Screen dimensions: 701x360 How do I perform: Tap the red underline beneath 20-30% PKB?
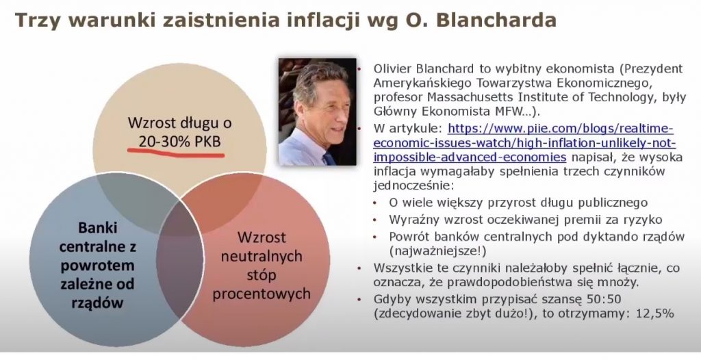176,153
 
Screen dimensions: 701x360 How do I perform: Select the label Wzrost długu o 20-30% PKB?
180,131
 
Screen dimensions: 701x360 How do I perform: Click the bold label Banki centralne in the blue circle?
97,237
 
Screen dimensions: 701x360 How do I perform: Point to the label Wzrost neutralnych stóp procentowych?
262,265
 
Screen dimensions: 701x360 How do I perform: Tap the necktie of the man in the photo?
329,159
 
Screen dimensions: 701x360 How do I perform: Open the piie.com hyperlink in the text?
524,143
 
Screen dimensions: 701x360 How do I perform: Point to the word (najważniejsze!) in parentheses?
437,251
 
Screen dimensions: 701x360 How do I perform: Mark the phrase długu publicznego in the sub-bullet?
596,203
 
